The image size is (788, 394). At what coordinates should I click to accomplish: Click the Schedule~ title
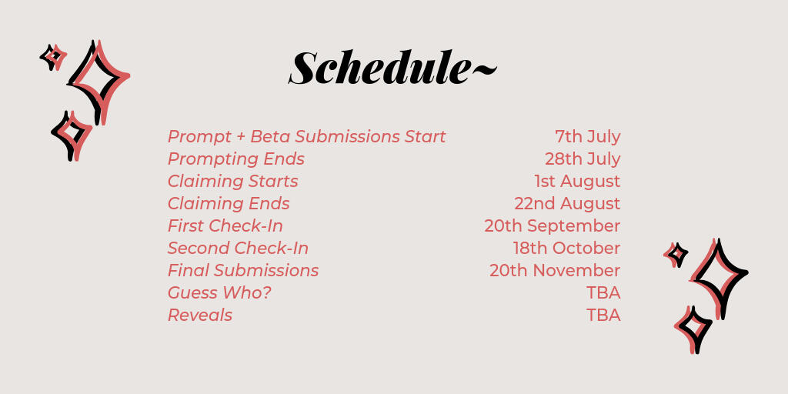[393, 68]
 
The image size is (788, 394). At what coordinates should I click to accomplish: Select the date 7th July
[587, 137]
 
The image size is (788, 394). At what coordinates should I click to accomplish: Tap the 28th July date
[583, 159]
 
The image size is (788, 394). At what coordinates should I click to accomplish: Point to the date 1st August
[577, 181]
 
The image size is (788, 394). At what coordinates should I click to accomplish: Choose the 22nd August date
[567, 203]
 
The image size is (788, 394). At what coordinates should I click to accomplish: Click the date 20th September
[553, 226]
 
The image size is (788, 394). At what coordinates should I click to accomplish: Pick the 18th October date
[567, 249]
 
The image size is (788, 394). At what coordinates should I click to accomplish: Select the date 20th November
[555, 270]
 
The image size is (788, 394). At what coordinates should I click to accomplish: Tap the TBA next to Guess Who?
[603, 292]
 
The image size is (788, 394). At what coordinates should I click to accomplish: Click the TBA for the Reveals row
[603, 315]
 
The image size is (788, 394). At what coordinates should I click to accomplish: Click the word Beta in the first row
[270, 137]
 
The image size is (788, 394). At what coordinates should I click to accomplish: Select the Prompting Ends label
[236, 159]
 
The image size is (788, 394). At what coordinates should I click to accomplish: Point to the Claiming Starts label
[233, 182]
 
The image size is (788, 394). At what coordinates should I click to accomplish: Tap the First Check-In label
[225, 226]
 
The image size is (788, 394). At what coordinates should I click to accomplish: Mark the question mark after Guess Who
[266, 292]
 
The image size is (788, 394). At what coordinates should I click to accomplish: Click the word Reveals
[200, 315]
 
